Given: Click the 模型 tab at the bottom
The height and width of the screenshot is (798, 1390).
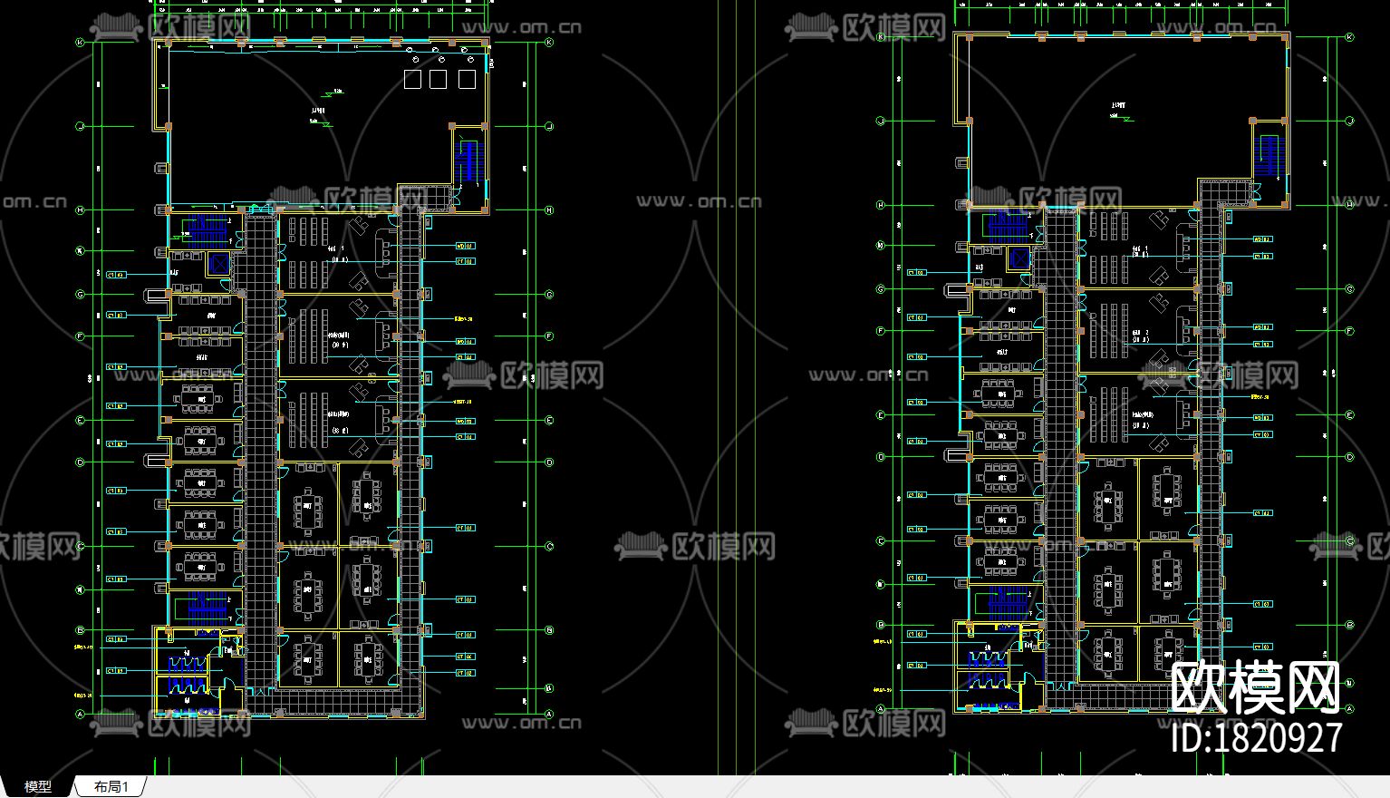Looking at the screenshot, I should pos(37,786).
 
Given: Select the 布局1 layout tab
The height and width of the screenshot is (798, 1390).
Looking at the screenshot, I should pos(111,786).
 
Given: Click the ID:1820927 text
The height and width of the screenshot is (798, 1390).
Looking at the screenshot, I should pos(1257,736).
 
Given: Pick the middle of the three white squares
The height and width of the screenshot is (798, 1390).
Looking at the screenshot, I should pos(439,80).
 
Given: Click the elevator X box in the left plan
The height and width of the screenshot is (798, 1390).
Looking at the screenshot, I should pos(218,264).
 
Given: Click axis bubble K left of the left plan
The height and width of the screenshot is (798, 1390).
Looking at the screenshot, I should pos(80,43).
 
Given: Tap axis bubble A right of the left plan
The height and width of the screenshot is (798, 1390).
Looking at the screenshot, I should pos(549,715).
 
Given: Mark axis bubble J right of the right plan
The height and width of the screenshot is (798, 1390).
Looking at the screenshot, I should pos(1349,121).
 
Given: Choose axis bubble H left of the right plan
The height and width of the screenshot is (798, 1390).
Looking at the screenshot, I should pos(880,205).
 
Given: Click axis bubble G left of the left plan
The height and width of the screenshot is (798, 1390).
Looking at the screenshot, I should pos(80,294).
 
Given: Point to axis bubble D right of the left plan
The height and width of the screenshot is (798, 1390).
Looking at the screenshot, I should pos(549,462).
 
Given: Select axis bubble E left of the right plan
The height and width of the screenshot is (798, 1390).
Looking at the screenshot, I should pos(880,415).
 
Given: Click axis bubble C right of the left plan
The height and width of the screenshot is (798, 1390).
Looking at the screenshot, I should pos(549,546).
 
